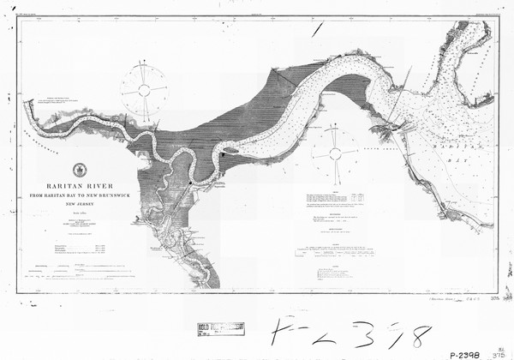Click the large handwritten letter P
[x=279, y=332]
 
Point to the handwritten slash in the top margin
[x=318, y=29]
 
